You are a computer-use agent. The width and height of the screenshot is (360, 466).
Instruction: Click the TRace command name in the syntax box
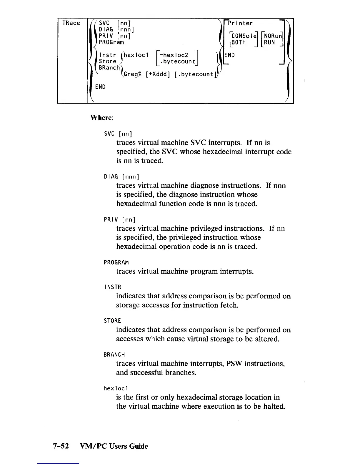71,23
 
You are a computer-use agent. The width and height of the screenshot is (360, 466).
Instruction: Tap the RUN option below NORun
269,42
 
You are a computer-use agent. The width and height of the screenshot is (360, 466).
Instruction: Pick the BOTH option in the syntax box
239,42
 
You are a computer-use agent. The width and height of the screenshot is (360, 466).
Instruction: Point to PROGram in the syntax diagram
111,42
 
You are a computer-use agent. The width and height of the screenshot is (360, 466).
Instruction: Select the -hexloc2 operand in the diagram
175,55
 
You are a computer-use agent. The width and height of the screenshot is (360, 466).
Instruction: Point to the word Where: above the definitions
101,118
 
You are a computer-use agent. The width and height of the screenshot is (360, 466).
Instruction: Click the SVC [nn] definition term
118,134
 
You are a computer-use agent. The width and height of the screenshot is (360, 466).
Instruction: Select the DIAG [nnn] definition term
121,177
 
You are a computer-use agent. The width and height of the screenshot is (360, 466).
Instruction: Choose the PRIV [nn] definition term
119,220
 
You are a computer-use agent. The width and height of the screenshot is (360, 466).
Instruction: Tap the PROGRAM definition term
116,262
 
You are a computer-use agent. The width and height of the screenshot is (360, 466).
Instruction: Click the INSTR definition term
113,287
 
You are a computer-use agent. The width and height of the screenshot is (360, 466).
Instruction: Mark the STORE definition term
112,321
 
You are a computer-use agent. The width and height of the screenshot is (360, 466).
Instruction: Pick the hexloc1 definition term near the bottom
116,389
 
